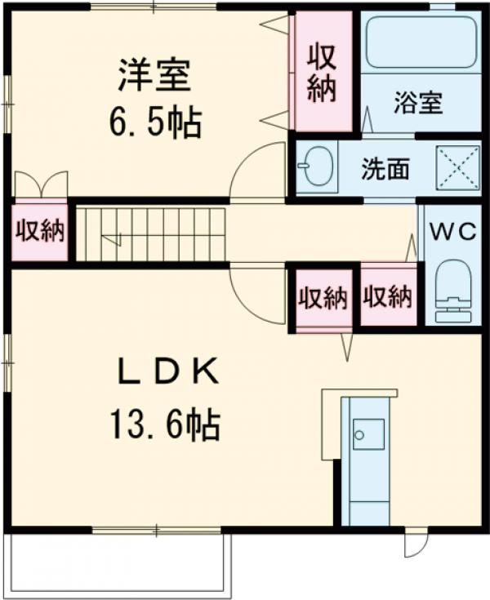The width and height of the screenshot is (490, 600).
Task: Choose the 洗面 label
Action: tap(386, 171)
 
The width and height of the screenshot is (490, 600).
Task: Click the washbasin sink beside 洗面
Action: tap(315, 167)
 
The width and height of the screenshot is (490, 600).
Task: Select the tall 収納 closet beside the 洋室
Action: tap(323, 72)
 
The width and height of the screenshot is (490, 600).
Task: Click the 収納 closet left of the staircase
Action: tap(39, 232)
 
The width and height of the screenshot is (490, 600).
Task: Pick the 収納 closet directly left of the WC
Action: tap(388, 297)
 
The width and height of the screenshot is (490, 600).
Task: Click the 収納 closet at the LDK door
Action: tap(322, 299)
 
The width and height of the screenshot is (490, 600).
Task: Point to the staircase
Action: tap(151, 233)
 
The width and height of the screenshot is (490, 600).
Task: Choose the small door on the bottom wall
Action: tap(415, 543)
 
